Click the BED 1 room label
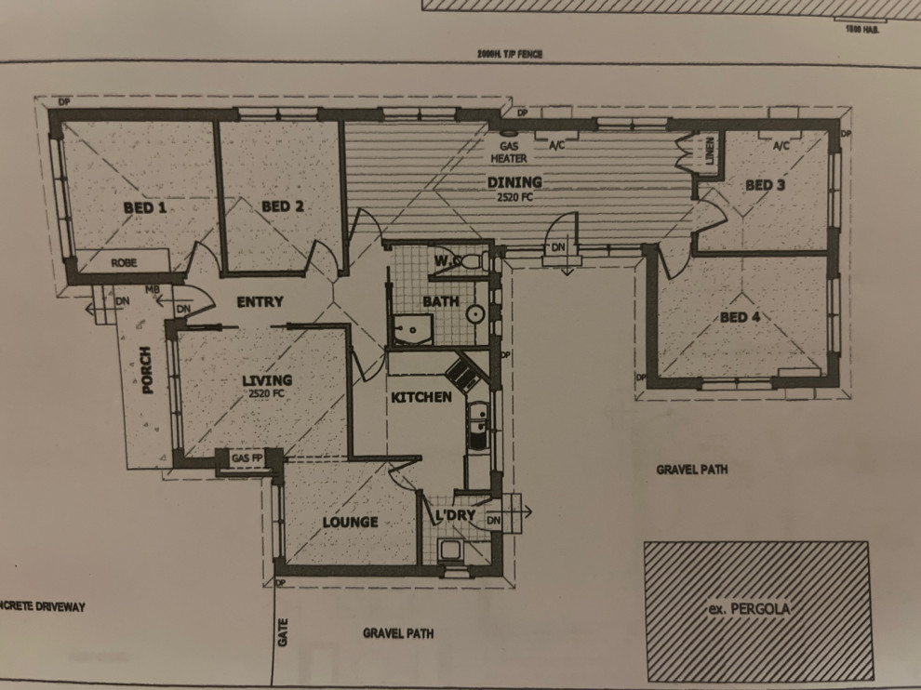[144, 208]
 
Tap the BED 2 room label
[277, 206]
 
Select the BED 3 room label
[765, 185]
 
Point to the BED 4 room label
[741, 317]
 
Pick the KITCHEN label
[420, 397]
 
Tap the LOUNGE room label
[350, 522]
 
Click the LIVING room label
[267, 380]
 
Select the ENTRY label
[260, 301]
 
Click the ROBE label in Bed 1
[124, 263]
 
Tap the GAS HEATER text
[514, 153]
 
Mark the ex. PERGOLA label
[755, 611]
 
